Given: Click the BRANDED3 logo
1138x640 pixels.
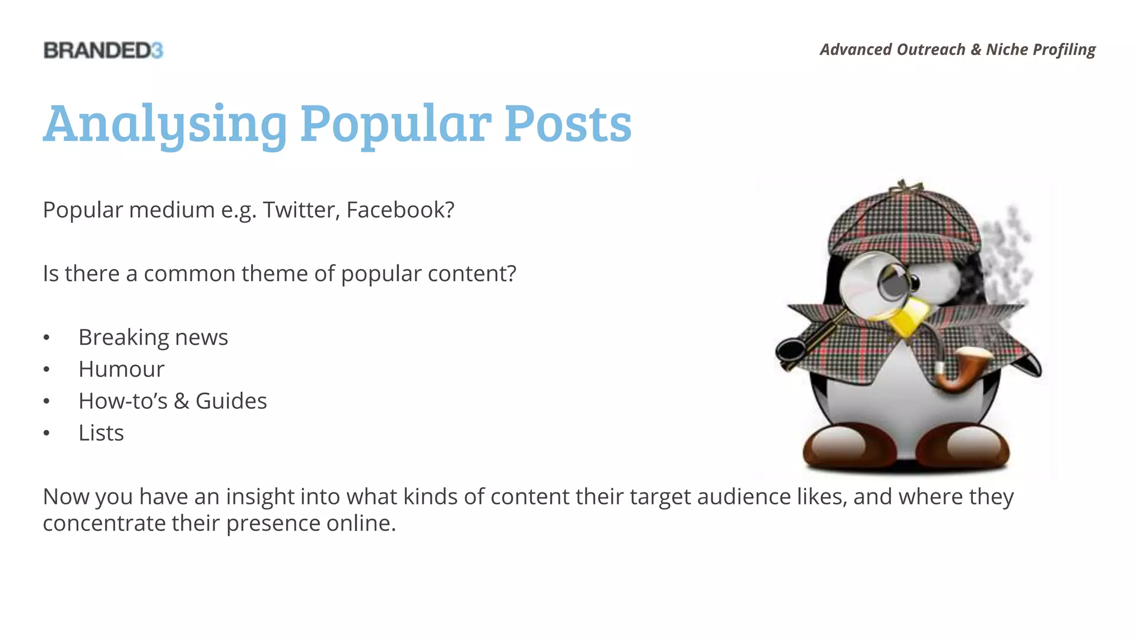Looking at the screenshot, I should point(103,51).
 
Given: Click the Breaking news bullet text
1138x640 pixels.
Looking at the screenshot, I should point(153,337).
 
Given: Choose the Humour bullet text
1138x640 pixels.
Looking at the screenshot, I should point(121,369).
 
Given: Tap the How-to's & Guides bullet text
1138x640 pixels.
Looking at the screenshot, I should point(172,401).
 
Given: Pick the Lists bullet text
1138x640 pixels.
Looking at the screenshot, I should point(101,433).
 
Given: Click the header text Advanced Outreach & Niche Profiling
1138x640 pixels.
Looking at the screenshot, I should point(957,49).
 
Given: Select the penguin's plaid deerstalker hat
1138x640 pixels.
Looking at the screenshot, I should point(903,222).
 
